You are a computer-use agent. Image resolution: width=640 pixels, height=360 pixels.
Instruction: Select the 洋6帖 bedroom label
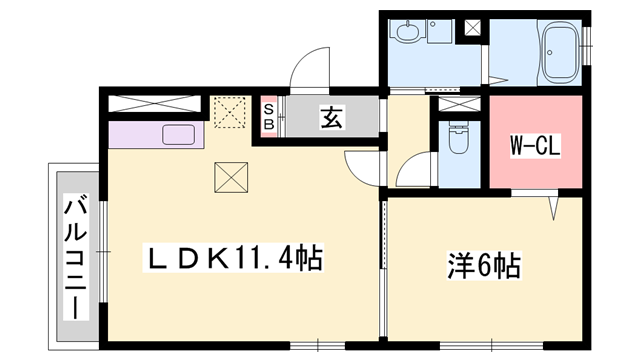[483, 267]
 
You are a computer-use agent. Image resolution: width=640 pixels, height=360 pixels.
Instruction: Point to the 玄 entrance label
[330, 118]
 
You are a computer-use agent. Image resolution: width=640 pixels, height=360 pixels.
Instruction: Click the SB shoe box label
[268, 117]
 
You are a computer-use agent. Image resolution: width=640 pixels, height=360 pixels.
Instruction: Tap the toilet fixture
[458, 139]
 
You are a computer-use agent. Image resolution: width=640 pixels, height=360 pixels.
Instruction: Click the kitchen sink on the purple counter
[178, 134]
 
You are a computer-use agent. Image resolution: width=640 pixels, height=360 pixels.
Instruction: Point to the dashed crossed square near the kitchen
[229, 112]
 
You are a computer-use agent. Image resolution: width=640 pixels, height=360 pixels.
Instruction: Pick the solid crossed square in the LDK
[229, 179]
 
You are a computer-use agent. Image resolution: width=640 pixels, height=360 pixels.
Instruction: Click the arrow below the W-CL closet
[551, 209]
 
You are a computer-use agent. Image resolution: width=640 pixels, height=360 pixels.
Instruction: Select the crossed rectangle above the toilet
[459, 105]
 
